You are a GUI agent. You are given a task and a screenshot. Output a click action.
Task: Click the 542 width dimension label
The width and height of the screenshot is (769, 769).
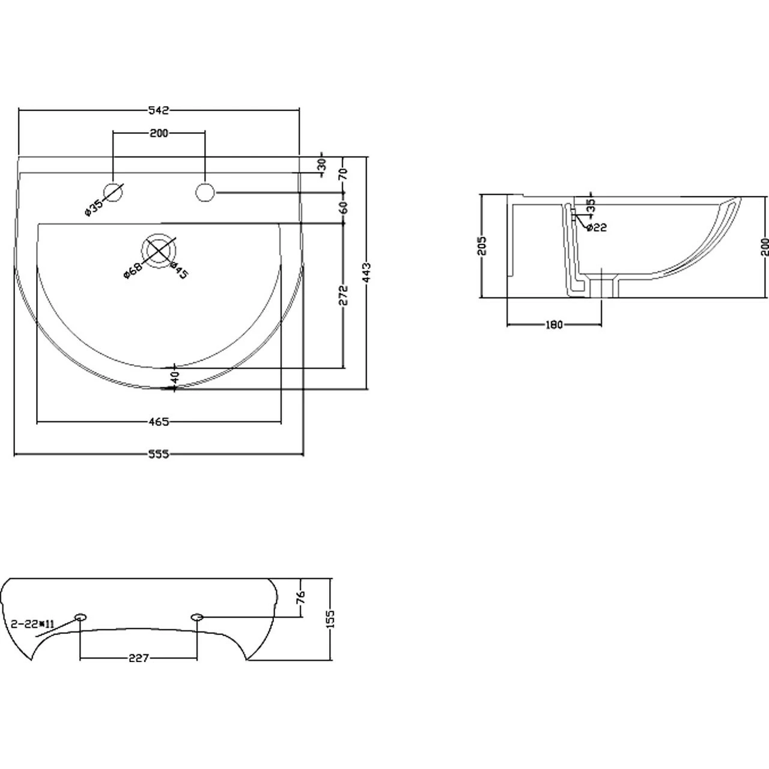click(x=159, y=110)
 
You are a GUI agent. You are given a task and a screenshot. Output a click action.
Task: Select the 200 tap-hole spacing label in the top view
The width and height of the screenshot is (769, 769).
click(x=159, y=133)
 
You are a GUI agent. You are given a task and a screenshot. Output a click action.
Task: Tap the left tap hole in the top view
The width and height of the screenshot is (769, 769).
click(x=114, y=192)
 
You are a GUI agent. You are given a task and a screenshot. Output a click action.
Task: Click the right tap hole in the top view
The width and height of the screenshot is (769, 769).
click(x=205, y=192)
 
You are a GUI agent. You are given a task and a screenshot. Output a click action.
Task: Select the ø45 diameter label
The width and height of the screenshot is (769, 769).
click(x=179, y=270)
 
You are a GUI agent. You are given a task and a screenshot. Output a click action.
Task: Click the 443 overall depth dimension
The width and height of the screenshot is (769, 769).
click(x=367, y=272)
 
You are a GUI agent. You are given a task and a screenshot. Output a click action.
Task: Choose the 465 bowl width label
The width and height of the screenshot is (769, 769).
click(x=159, y=422)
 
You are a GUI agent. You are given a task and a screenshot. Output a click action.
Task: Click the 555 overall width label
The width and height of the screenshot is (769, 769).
click(x=159, y=454)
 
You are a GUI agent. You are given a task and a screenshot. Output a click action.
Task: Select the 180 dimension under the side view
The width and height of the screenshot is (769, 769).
click(x=553, y=325)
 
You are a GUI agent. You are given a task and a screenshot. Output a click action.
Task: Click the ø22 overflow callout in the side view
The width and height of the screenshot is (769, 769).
click(x=596, y=227)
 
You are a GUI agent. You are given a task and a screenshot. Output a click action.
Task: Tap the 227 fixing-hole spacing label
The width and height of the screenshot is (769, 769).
click(x=139, y=658)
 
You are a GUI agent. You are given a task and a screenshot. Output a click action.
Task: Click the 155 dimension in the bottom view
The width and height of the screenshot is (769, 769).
click(x=330, y=618)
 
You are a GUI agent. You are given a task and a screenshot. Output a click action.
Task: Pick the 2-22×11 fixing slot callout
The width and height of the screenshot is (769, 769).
click(x=33, y=624)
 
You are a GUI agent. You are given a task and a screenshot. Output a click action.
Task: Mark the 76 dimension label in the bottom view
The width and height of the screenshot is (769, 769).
click(x=301, y=597)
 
